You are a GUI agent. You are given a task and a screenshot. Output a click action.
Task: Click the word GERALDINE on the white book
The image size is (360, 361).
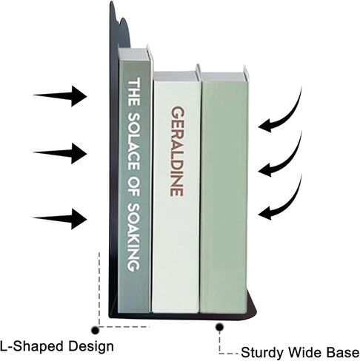pos(177,151)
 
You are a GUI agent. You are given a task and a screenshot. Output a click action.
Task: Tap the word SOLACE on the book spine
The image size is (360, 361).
pos(134,141)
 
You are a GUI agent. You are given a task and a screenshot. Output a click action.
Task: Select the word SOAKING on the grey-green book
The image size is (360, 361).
pos(134,237)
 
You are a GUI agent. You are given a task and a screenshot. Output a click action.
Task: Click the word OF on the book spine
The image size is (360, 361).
pos(134,186)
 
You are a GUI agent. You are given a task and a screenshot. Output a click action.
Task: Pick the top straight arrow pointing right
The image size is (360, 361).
pos(60,96)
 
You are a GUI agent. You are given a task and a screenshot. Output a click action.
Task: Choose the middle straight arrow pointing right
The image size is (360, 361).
pos(60,153)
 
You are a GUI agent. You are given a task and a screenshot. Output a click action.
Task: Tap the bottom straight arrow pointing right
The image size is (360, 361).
pos(60,219)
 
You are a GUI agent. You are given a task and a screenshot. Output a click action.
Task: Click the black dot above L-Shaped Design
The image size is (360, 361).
pos(95,330)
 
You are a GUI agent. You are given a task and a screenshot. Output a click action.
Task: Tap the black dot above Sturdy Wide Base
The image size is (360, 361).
pos(219,327)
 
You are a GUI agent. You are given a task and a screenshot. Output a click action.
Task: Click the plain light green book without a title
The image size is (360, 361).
pos(224,192)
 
